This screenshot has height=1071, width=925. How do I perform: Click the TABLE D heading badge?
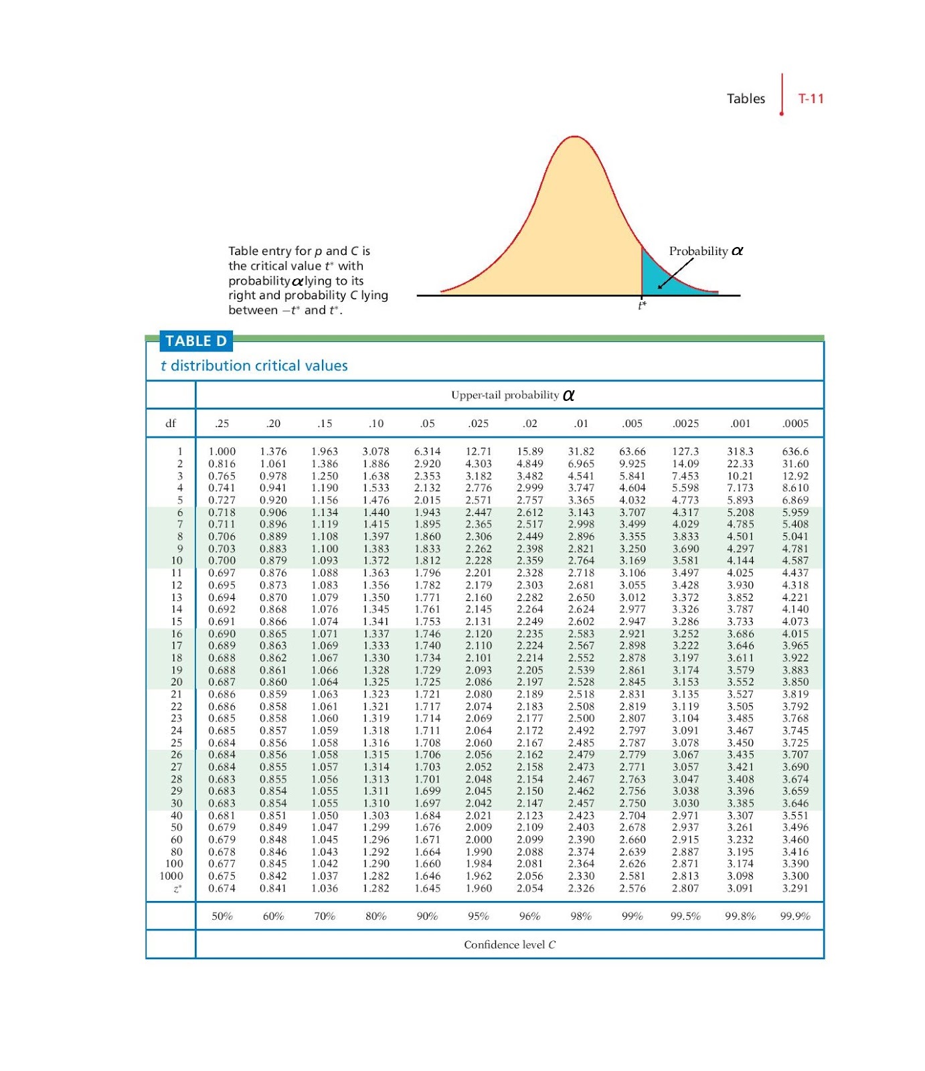[196, 341]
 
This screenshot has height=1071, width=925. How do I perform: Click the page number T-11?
[811, 98]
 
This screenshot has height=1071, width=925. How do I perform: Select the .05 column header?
[427, 423]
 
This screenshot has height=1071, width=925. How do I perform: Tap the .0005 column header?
[795, 423]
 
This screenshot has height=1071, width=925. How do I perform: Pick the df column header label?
[171, 423]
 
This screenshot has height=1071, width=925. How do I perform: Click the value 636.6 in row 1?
[795, 451]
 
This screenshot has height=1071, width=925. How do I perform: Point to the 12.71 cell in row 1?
[479, 451]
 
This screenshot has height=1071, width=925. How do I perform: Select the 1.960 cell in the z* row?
[479, 888]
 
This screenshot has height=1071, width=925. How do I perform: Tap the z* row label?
[177, 888]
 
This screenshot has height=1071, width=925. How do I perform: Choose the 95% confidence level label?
[479, 916]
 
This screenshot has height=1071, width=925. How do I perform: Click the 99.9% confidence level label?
[795, 916]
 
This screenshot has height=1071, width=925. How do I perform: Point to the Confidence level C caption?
[509, 944]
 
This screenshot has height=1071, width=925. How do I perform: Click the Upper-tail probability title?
[513, 395]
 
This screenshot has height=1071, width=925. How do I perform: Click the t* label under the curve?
[642, 305]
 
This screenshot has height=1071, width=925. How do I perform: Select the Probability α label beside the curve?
[706, 251]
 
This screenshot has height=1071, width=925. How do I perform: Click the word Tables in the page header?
[746, 98]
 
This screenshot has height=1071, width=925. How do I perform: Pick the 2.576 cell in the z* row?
[633, 888]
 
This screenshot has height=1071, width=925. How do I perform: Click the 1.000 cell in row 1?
[222, 451]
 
